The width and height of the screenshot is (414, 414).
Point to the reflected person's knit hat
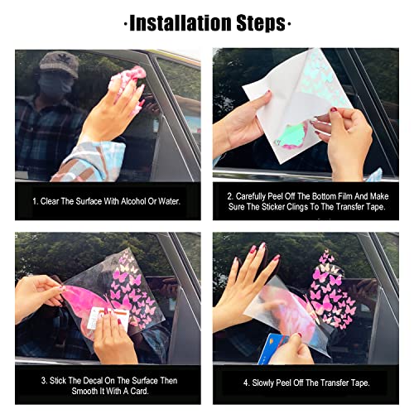tap(57, 62)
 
